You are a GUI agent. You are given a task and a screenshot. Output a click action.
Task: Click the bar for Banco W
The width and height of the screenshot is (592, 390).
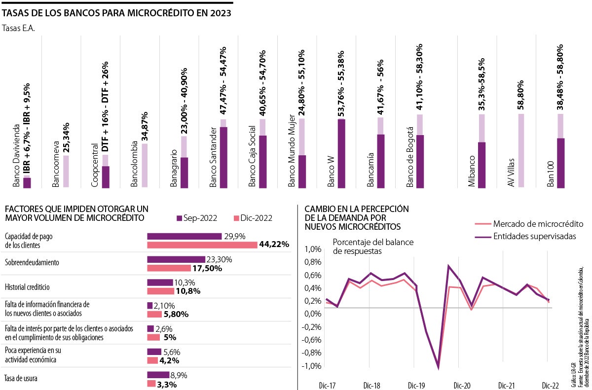pos(341,153)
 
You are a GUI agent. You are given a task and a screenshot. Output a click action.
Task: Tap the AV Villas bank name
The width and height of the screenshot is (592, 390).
pos(512,172)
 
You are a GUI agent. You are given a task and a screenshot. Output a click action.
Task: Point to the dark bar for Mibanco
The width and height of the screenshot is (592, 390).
pos(482,165)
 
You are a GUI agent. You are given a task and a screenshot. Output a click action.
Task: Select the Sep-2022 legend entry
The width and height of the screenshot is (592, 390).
pos(198,218)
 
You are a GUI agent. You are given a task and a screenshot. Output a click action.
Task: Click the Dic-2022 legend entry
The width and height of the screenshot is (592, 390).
pos(253,218)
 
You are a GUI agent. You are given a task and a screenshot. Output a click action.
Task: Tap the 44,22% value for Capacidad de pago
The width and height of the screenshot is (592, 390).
pos(275,245)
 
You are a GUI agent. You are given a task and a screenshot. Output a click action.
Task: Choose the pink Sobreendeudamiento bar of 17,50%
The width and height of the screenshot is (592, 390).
pos(169,268)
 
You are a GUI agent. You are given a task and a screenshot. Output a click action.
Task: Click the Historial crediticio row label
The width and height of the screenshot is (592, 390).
pos(27,287)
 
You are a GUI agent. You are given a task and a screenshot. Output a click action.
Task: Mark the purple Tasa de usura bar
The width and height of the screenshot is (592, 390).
pos(158,375)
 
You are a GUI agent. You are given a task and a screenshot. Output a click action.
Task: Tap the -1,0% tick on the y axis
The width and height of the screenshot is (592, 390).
pos(312,366)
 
